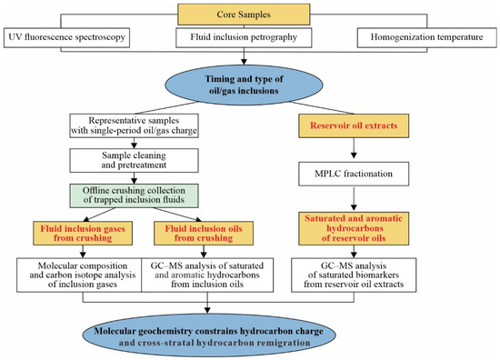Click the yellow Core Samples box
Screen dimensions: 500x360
pyautogui.click(x=244, y=15)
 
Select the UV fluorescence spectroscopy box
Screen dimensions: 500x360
pyautogui.click(x=66, y=37)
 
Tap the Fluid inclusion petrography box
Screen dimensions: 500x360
pyautogui.click(x=244, y=37)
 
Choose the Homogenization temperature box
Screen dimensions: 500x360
pyautogui.click(x=426, y=37)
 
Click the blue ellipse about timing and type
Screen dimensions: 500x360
pyautogui.click(x=244, y=85)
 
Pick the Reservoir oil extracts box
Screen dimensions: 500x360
pyautogui.click(x=354, y=125)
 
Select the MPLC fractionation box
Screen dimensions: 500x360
pyautogui.click(x=354, y=174)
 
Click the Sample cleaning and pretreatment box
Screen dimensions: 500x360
pyautogui.click(x=134, y=160)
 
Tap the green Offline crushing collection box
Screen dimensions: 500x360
pyautogui.click(x=134, y=195)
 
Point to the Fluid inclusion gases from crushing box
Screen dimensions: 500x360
pyautogui.click(x=83, y=233)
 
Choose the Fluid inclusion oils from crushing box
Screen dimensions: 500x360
pyautogui.click(x=204, y=233)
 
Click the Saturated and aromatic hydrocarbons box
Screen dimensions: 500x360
pyautogui.click(x=354, y=228)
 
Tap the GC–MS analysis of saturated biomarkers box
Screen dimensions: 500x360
pyautogui.click(x=354, y=275)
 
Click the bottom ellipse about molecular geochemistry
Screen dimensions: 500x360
pyautogui.click(x=209, y=335)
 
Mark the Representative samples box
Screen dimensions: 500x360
pyautogui.click(x=134, y=125)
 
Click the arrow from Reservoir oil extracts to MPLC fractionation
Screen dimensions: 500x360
pyautogui.click(x=354, y=148)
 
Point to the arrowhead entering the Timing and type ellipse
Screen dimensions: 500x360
pyautogui.click(x=244, y=62)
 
